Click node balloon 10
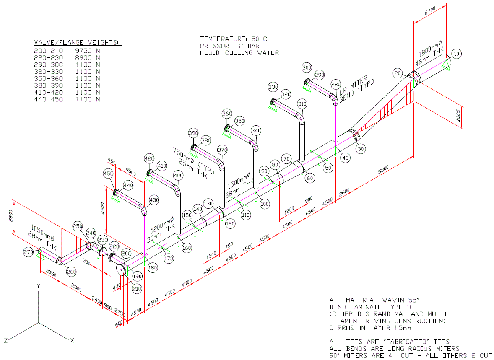[x=457, y=53]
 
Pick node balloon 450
[x=108, y=174]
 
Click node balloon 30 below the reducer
[x=361, y=148]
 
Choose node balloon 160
[x=187, y=248]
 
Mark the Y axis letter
[x=38, y=285]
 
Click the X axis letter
[x=72, y=340]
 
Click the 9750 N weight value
[x=87, y=51]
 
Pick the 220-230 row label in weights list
[x=48, y=58]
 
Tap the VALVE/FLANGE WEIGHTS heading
[x=77, y=43]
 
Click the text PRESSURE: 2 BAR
[x=230, y=46]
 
